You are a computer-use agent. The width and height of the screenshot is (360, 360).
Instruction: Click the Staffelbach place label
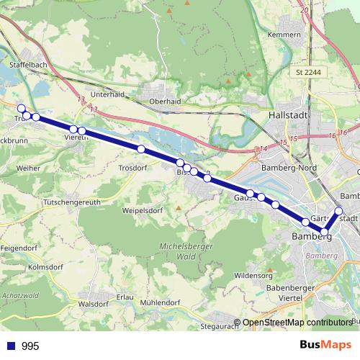click(28, 65)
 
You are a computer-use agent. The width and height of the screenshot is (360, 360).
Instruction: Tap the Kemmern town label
click(284, 35)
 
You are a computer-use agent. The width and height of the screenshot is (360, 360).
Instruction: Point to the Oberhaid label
click(166, 101)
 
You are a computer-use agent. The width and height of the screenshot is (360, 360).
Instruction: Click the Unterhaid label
click(109, 94)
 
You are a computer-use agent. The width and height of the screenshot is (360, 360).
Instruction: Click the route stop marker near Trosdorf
click(141, 149)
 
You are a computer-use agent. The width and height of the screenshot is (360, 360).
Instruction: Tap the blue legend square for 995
click(11, 346)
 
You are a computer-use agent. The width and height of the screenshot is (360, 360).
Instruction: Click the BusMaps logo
click(325, 345)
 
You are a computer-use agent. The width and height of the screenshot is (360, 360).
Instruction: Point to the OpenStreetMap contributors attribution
click(297, 323)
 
